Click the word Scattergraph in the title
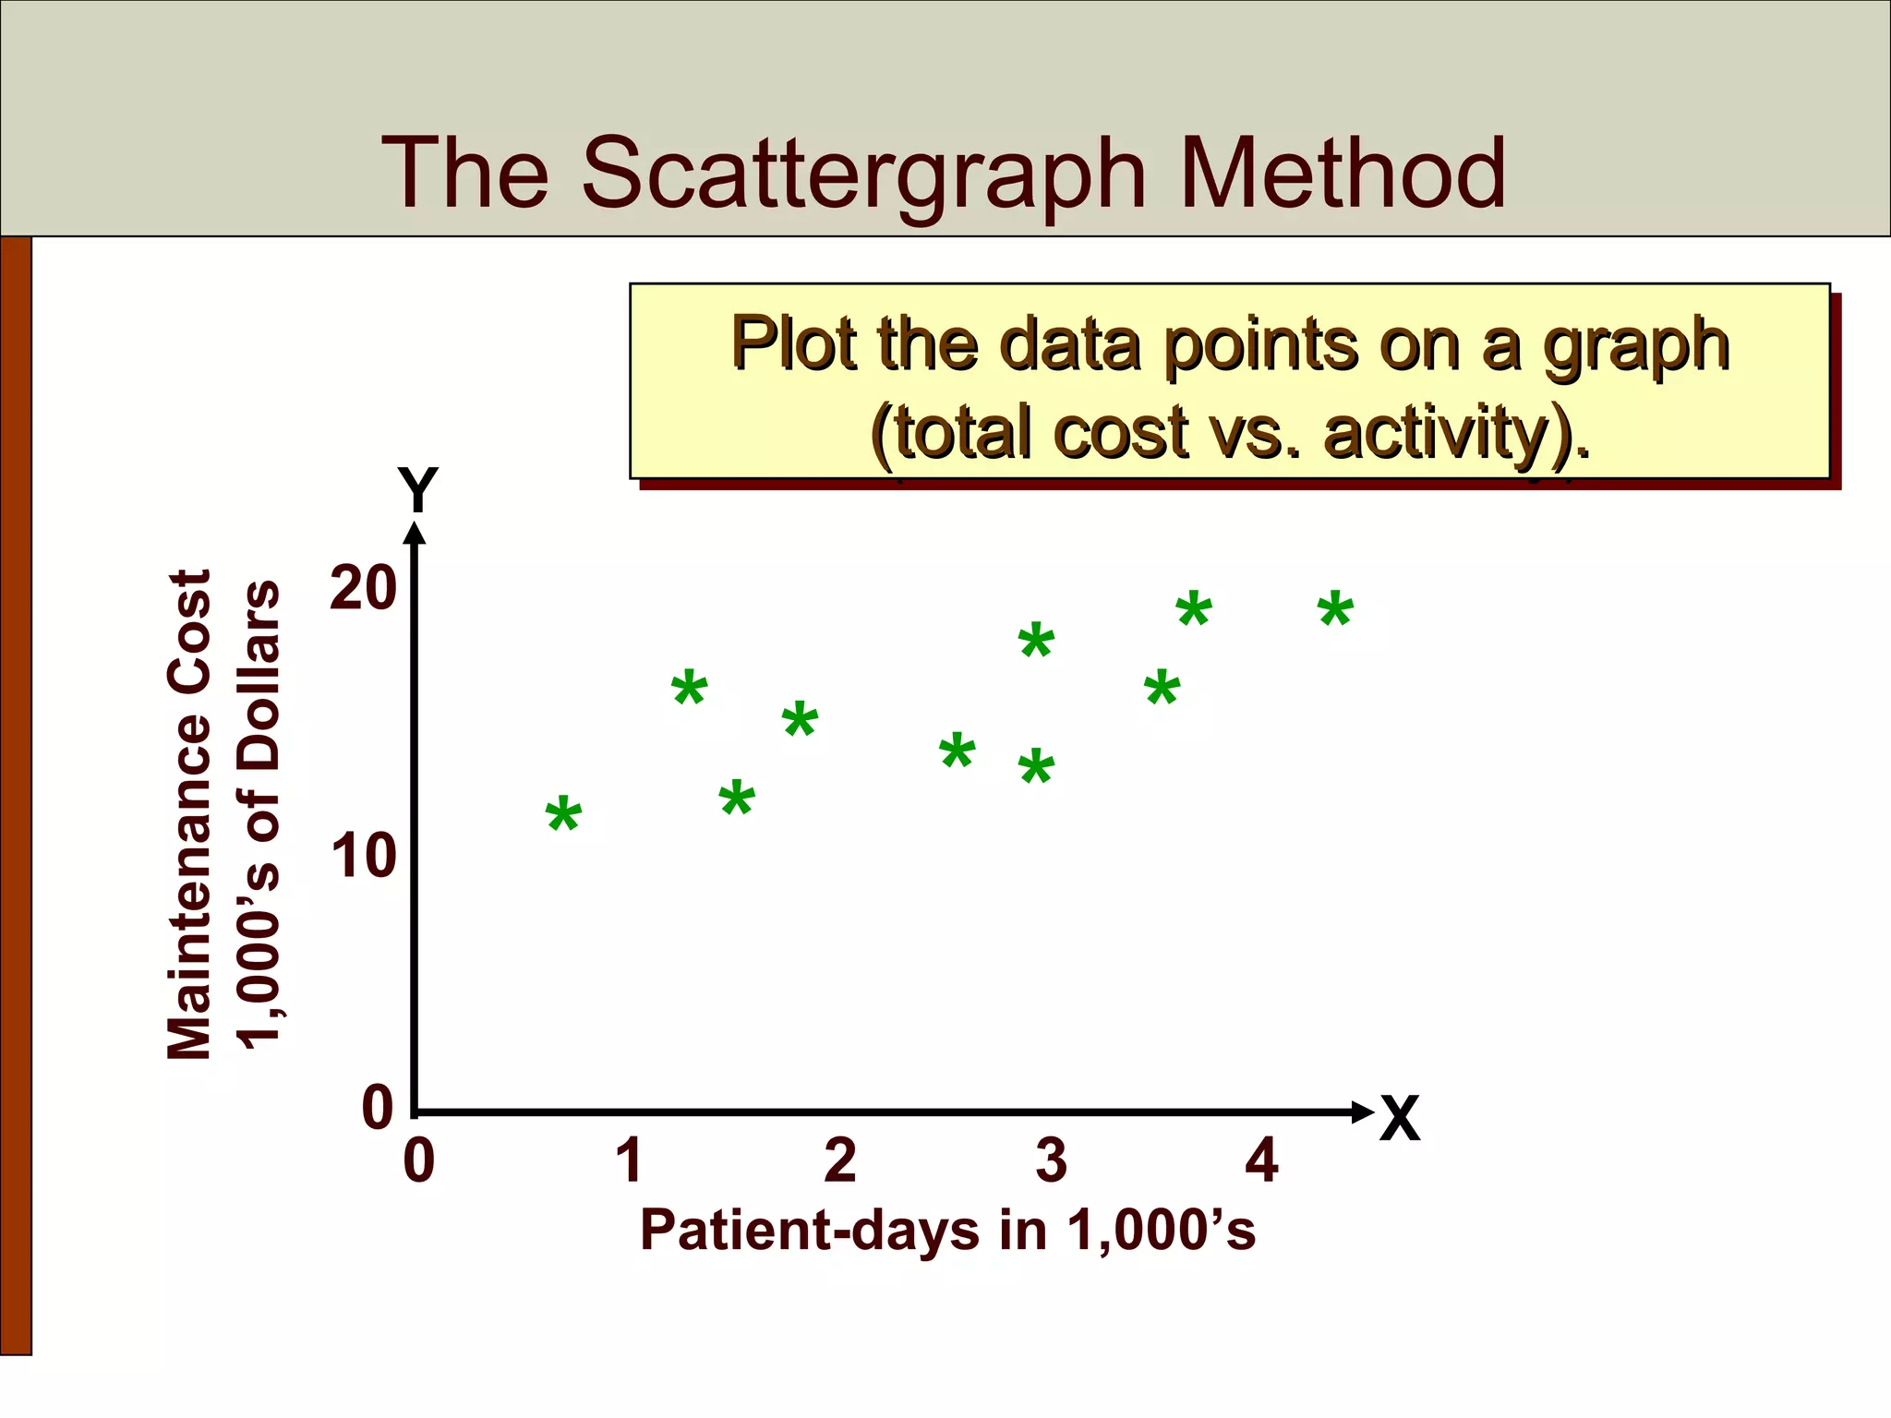click(863, 174)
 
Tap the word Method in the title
click(1343, 173)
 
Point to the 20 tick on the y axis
click(362, 588)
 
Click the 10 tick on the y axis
click(362, 857)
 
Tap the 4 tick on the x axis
click(1261, 1160)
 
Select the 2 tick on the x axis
click(840, 1160)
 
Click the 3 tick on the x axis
click(1051, 1160)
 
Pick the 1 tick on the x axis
click(630, 1160)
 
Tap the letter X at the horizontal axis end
click(1399, 1120)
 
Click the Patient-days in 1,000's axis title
click(947, 1231)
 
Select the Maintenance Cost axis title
click(191, 812)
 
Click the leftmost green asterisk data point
click(563, 816)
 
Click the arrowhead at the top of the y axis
click(416, 534)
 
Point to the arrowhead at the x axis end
click(1362, 1112)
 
